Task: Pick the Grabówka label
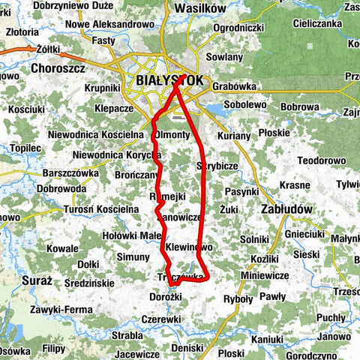[x=235, y=85]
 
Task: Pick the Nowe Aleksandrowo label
[x=109, y=24]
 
